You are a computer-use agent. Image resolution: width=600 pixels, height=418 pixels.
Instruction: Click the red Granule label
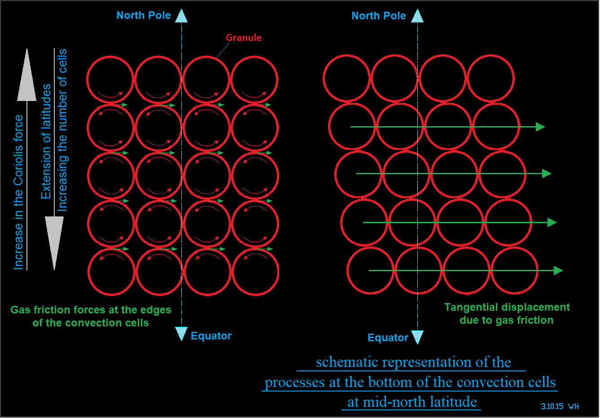tap(243, 38)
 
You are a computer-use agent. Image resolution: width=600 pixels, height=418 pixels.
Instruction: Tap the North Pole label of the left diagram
tap(144, 15)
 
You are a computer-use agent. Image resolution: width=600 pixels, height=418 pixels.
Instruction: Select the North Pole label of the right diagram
tap(379, 16)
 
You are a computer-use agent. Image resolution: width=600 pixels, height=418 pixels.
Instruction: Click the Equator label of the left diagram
tap(211, 336)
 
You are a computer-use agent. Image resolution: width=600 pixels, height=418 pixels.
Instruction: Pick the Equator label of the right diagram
tap(388, 338)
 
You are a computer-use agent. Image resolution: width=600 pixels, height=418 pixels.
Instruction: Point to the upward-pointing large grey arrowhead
tap(27, 76)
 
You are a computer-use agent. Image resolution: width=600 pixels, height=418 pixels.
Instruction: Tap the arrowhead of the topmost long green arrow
tap(540, 127)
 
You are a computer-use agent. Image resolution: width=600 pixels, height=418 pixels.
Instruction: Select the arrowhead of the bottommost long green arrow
tap(558, 270)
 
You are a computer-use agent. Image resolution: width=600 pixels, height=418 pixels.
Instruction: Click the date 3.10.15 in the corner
tap(552, 406)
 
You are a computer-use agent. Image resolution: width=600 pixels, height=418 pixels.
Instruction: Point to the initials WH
tap(574, 406)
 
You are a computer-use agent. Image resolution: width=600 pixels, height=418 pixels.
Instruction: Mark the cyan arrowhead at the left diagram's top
tap(181, 16)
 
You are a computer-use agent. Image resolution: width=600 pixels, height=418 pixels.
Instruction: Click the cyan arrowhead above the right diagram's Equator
tap(417, 337)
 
